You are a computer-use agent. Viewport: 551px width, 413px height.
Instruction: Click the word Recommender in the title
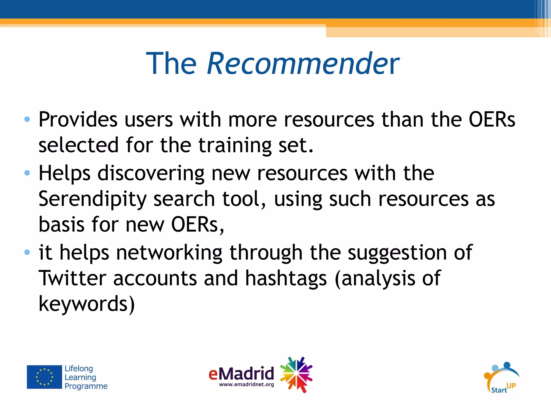(303, 63)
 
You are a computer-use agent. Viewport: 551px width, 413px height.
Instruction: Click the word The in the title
(171, 63)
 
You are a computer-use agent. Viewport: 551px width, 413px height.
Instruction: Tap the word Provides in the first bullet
(78, 119)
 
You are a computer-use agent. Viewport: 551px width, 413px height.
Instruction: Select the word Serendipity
(92, 199)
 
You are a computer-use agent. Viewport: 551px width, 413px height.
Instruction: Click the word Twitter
(72, 278)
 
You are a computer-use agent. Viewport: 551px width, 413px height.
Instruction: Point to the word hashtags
(286, 279)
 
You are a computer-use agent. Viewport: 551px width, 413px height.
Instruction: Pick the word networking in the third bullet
(169, 253)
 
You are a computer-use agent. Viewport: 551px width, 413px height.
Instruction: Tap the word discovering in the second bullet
(151, 173)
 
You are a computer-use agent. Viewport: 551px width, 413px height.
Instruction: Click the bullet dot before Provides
(27, 119)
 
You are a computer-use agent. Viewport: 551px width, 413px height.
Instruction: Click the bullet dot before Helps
(27, 173)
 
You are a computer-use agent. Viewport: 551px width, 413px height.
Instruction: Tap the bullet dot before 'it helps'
(27, 252)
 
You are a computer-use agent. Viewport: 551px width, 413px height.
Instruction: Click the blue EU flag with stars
(44, 377)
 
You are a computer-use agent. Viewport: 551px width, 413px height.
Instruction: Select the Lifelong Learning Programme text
(86, 377)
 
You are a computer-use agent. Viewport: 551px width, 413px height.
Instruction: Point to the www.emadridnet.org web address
(246, 384)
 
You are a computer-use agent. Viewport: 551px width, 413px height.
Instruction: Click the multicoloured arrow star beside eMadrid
(296, 375)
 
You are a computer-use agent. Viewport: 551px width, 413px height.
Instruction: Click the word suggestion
(397, 253)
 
